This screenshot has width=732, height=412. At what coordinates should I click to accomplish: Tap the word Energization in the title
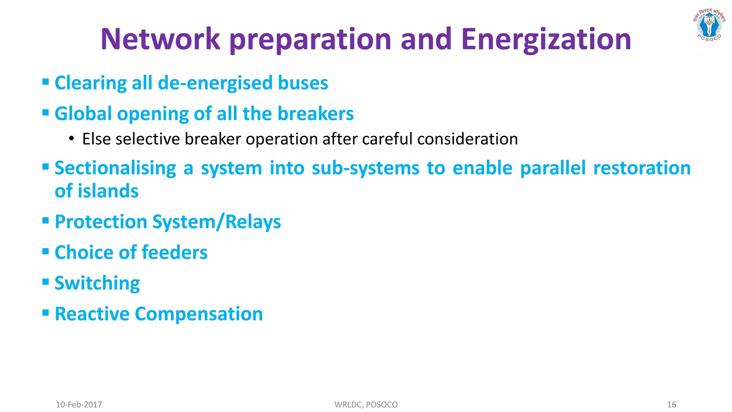tap(546, 39)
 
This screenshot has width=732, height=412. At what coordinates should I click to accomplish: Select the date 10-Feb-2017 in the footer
tap(79, 404)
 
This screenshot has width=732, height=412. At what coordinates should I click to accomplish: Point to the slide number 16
tap(672, 404)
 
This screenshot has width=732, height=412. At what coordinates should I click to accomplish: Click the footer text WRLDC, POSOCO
tap(366, 404)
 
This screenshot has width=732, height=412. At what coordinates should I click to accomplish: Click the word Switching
tap(97, 283)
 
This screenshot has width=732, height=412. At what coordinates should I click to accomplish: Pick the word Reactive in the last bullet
tap(92, 314)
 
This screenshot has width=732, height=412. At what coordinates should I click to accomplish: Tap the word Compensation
tap(199, 314)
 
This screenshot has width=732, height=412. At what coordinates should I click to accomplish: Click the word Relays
tap(253, 222)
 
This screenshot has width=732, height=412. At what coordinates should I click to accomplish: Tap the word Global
tap(83, 114)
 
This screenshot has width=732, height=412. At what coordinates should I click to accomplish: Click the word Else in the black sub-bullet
tap(96, 139)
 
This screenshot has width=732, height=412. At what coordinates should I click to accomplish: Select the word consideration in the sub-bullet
tap(467, 139)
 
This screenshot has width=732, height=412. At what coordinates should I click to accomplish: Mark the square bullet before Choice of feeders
tap(45, 251)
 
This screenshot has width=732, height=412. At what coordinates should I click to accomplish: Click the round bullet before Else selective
tap(71, 139)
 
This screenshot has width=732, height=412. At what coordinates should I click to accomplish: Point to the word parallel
tap(553, 168)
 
